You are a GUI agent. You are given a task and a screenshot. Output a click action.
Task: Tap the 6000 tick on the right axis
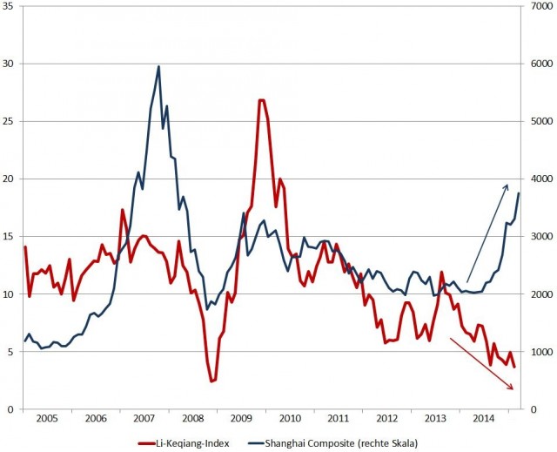pyautogui.click(x=541, y=64)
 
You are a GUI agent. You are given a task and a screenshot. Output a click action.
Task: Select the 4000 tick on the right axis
pyautogui.click(x=541, y=179)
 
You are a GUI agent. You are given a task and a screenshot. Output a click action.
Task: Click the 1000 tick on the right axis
pyautogui.click(x=541, y=352)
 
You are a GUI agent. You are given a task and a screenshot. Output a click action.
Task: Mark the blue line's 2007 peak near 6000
pyautogui.click(x=158, y=66)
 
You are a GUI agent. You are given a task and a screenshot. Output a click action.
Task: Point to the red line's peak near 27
pyautogui.click(x=261, y=100)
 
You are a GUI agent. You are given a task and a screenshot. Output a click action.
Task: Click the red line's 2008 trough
pyautogui.click(x=211, y=381)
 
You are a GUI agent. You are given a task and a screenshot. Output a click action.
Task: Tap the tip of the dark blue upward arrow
pyautogui.click(x=508, y=184)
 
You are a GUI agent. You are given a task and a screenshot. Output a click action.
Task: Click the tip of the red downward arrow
pyautogui.click(x=513, y=388)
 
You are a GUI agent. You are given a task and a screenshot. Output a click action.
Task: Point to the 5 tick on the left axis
pyautogui.click(x=10, y=352)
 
